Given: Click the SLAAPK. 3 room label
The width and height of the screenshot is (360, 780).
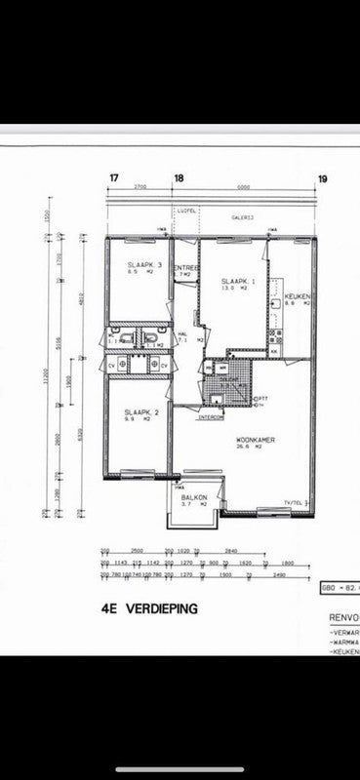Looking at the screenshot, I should [x=143, y=265].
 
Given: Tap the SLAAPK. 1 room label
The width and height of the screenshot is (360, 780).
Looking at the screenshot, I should [x=239, y=281].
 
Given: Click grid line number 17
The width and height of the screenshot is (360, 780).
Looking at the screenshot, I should [x=114, y=178].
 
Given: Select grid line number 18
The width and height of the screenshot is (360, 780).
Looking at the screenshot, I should [x=178, y=178].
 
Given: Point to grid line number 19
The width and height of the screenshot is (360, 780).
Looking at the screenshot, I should [x=322, y=178].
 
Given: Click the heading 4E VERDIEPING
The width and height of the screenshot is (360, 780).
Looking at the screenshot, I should [x=149, y=606].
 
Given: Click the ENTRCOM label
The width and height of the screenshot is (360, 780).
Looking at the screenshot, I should [x=211, y=418].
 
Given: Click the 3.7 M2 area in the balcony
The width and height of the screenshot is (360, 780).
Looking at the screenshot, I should [x=193, y=505].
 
